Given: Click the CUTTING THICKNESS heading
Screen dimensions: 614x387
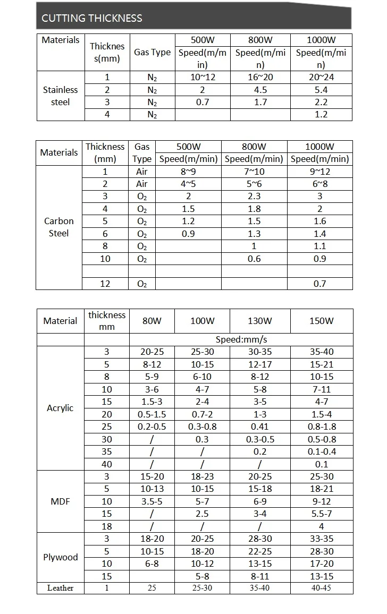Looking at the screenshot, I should coord(92,18).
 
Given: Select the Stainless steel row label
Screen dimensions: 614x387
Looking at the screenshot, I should coord(60,96).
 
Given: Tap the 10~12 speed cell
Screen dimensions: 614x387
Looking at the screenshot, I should coord(202,78).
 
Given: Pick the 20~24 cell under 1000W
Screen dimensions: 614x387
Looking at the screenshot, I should coord(321,78).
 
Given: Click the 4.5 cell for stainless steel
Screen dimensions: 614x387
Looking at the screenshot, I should coord(261,90).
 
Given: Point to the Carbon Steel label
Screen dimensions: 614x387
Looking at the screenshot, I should coord(59,227).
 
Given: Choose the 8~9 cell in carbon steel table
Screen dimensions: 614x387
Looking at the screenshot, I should coord(188,172).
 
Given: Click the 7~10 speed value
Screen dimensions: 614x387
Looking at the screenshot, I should coord(254,172).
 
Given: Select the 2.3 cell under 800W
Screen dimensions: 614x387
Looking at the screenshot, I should coord(254,197).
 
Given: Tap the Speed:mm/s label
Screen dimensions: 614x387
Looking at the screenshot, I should coord(241,339).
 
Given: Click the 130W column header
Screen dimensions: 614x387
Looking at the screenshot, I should coord(260,321).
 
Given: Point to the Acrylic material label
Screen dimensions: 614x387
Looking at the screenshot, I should coord(60,408).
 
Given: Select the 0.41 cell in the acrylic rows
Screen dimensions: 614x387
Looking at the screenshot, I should coord(260,427).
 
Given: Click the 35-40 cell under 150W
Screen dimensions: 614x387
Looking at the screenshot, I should coord(321,352).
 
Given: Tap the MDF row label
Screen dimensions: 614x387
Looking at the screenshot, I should coord(60,501).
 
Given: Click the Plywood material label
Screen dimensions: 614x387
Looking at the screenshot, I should coord(60,557).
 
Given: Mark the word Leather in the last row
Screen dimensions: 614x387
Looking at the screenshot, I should coord(60,588).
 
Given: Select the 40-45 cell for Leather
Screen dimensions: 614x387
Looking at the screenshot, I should coord(321,588).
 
